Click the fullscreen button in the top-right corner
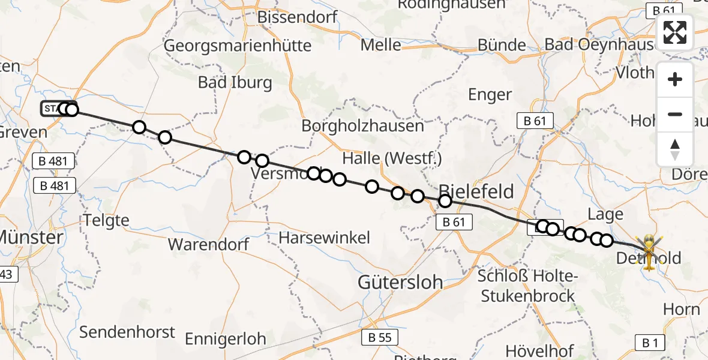675,32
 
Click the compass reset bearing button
675,149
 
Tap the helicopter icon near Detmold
650,251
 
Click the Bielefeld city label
478,191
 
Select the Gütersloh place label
400,281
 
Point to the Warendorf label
208,244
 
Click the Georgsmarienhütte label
238,46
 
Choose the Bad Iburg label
235,82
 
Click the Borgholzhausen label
362,126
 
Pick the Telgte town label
107,220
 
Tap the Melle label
381,44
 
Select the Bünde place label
502,45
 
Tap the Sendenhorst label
127,332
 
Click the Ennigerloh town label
225,338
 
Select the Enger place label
491,94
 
